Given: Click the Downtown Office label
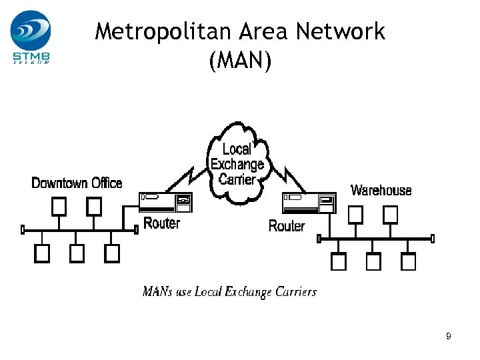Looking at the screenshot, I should [77, 183].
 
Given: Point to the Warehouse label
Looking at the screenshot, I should [381, 191].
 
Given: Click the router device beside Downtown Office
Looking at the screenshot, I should [166, 201].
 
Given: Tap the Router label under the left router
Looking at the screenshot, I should [162, 223].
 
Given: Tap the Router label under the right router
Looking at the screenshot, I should [287, 226].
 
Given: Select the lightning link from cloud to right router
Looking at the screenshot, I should [285, 177].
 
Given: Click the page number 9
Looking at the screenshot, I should [449, 337].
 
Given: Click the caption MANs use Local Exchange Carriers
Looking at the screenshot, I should [229, 292].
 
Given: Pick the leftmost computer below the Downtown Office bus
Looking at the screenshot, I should [42, 253].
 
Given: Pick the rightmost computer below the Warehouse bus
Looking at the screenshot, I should [408, 262].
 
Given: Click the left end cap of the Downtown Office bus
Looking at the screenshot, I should [23, 230].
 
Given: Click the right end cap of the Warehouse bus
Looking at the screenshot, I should [433, 238].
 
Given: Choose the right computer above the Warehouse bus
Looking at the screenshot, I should [390, 214].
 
